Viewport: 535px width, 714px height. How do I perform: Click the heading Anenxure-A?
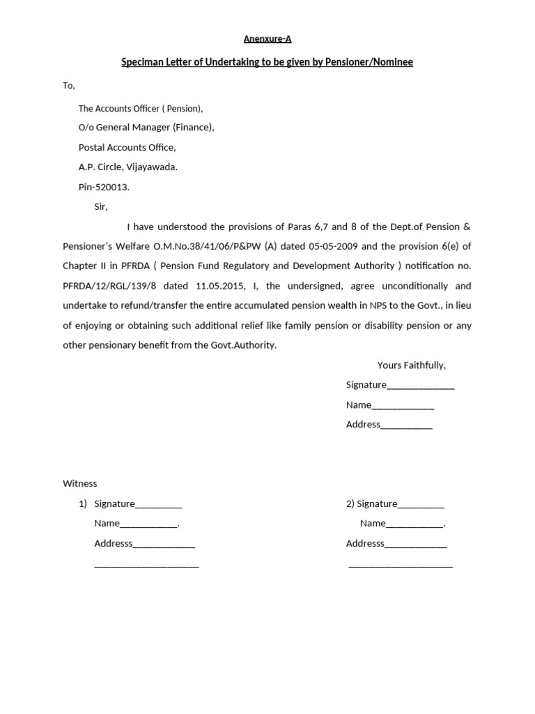(x=267, y=40)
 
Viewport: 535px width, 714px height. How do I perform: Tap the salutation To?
(x=69, y=86)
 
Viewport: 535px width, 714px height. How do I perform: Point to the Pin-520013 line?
(x=104, y=188)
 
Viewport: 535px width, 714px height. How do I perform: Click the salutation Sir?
(x=102, y=207)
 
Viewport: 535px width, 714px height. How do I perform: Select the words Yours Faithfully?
(x=411, y=365)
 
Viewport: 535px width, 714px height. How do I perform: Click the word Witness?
(x=80, y=484)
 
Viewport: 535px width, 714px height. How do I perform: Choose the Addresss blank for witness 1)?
(x=164, y=545)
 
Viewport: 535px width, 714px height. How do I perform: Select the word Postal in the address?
(x=91, y=148)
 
